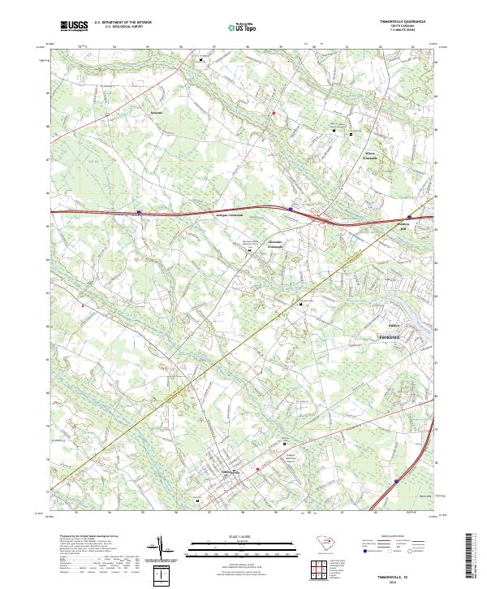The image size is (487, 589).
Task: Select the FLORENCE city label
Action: tap(391, 336)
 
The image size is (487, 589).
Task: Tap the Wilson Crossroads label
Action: tap(370, 154)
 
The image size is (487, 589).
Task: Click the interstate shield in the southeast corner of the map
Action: tap(397, 482)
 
